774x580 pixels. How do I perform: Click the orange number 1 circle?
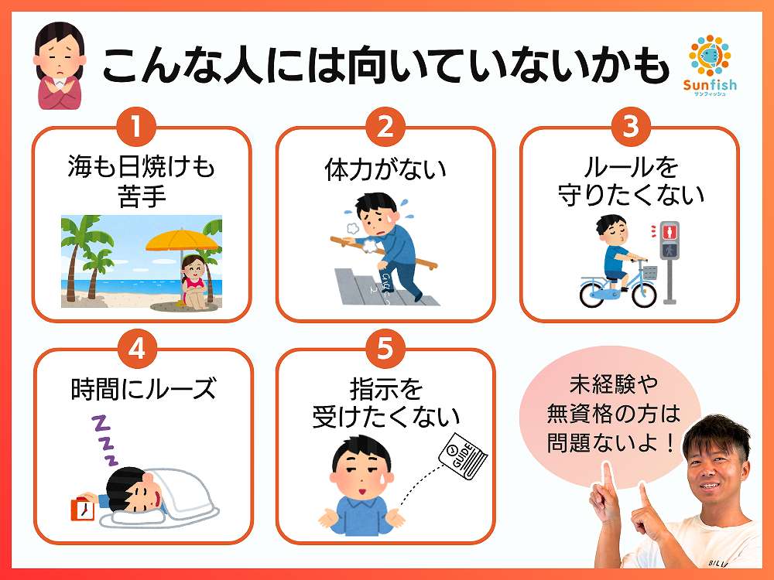[136, 127]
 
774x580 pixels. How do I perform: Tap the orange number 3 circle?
[630, 127]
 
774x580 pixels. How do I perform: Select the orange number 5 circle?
[385, 348]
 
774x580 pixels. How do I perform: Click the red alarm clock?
[83, 509]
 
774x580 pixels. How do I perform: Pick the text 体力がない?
[385, 169]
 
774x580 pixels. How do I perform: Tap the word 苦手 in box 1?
[142, 196]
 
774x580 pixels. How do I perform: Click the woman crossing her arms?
[59, 66]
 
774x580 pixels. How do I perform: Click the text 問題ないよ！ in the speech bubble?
[611, 442]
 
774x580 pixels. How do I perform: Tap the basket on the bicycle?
[650, 272]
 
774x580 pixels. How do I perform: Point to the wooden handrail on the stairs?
[384, 252]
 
